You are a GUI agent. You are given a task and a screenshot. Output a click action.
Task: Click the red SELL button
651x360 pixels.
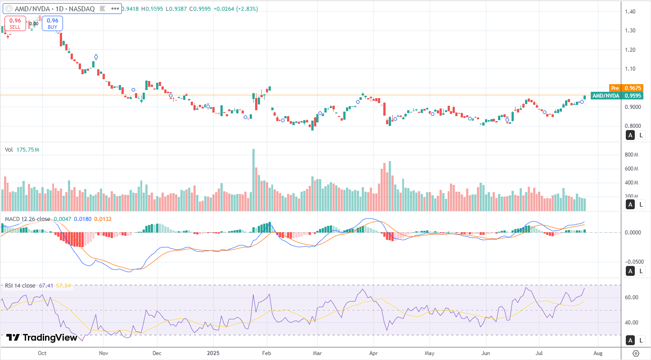tap(15, 23)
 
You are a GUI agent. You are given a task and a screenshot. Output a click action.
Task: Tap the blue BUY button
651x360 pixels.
tap(52, 23)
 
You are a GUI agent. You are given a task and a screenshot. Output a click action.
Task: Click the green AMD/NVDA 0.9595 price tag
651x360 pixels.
tap(617, 95)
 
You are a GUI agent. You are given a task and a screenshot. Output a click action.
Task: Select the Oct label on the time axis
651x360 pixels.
tap(42, 353)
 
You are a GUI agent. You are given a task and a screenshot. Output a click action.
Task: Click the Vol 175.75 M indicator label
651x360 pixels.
tap(22, 150)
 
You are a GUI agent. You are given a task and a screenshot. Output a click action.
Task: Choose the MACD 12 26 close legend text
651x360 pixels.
tap(27, 219)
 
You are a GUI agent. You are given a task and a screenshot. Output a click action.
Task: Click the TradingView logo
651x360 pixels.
tap(41, 337)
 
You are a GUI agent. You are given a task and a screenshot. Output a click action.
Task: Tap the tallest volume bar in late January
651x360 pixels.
tap(253, 180)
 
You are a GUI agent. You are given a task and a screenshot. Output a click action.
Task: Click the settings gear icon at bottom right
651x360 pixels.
tap(636, 353)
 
